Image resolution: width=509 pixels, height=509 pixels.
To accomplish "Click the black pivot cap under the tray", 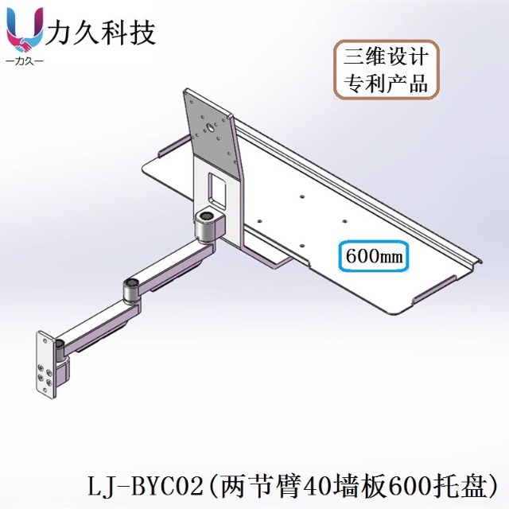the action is click(x=208, y=216).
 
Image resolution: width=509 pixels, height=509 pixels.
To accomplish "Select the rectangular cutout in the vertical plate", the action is click(x=217, y=188).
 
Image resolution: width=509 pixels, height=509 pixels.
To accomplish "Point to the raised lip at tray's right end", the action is click(x=474, y=262).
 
